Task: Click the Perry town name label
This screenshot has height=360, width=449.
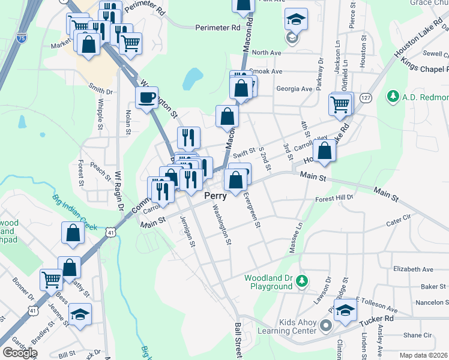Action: pos(216,196)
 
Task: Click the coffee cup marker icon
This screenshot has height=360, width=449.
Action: pos(146,98)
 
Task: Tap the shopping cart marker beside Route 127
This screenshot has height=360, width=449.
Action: pos(340,104)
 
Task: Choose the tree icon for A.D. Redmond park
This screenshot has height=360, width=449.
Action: pos(394,96)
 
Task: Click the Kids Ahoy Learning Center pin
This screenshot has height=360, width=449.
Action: pos(326,326)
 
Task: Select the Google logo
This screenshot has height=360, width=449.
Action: pos(20,353)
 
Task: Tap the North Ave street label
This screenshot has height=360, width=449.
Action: pos(267,53)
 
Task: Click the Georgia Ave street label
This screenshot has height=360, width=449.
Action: pos(294,89)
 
